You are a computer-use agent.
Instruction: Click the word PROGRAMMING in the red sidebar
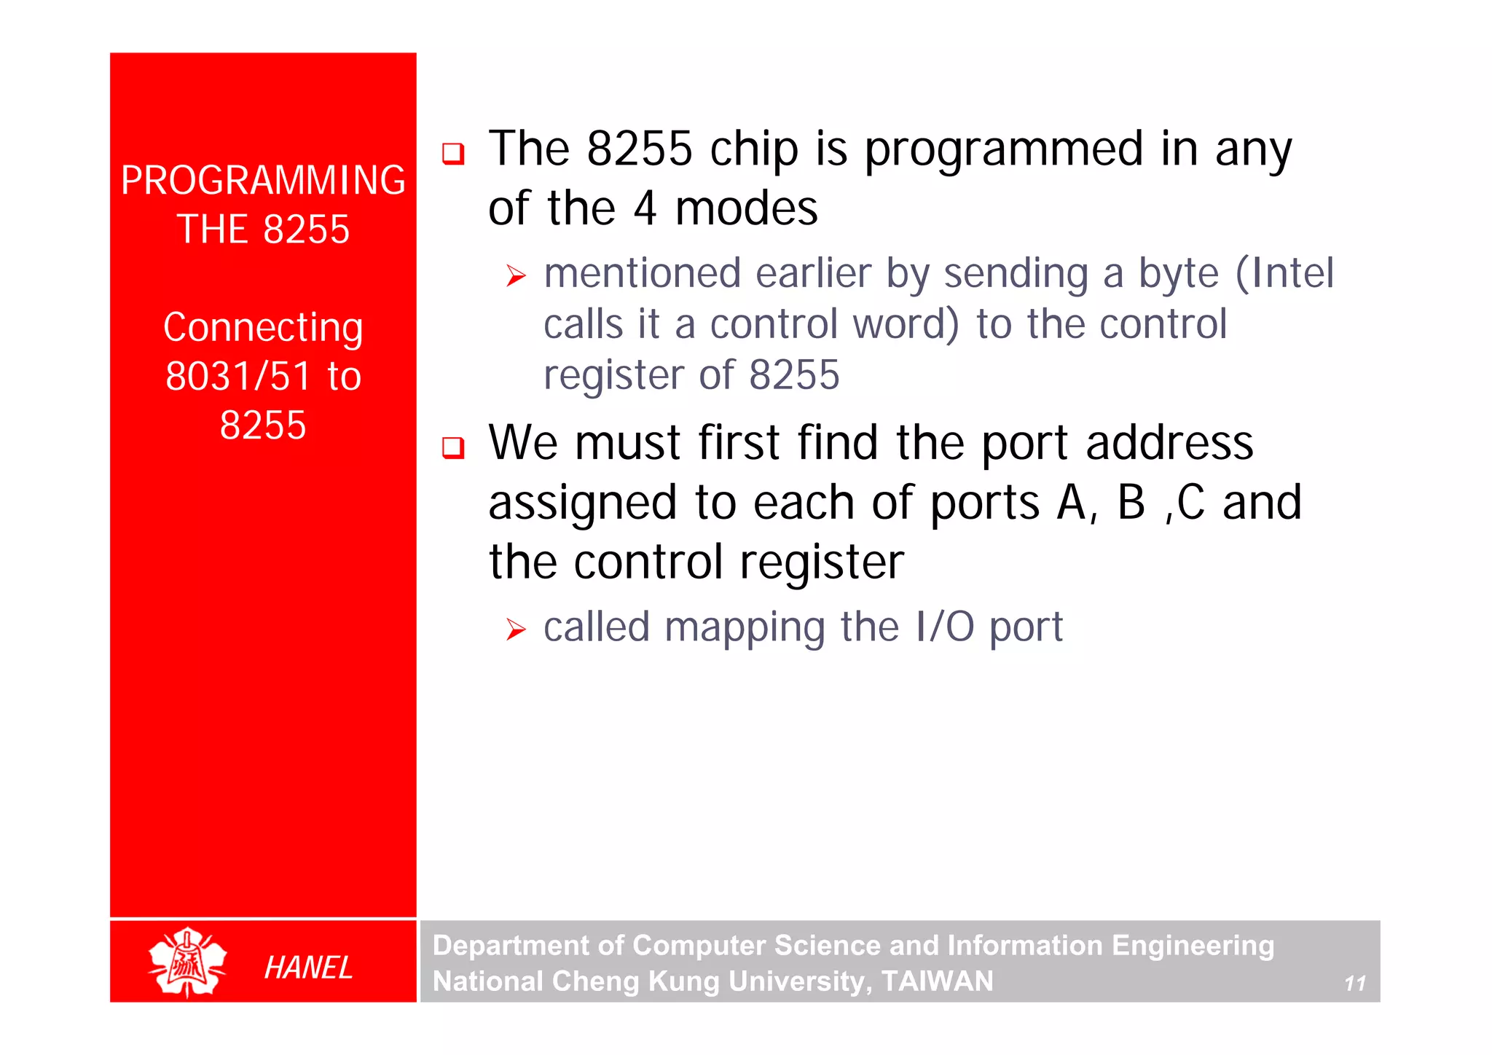pos(263,181)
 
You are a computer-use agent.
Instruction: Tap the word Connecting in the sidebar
pos(263,328)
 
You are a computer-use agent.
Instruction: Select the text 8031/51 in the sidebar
pos(238,377)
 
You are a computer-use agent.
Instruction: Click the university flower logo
pos(187,962)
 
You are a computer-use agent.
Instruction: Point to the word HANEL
pos(308,968)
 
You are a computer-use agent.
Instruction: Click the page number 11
pos(1354,984)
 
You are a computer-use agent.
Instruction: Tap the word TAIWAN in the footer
pos(938,981)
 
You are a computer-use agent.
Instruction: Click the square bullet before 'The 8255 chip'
pos(453,154)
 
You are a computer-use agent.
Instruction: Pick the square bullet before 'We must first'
pos(453,447)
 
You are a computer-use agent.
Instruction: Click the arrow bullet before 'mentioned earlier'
pos(516,276)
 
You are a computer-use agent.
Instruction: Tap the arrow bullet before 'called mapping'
pos(516,630)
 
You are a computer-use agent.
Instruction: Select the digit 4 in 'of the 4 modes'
pos(645,209)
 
